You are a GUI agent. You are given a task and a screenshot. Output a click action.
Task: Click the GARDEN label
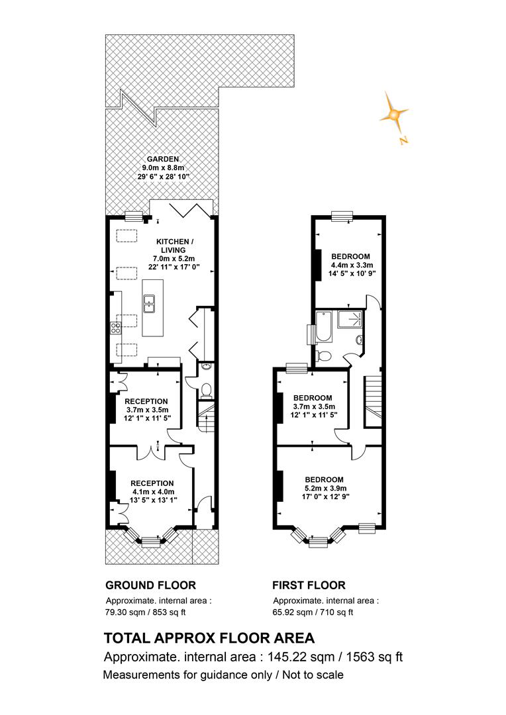163,159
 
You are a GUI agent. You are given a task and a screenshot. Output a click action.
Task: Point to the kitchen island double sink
150,304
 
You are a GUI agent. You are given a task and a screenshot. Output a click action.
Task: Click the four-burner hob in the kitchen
116,328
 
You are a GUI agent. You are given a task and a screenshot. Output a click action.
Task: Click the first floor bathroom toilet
323,356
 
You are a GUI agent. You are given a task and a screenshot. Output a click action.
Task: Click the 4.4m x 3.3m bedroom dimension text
351,265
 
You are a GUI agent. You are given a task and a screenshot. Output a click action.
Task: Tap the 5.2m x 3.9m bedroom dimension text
325,489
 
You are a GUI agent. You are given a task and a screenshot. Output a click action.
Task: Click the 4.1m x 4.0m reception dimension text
153,492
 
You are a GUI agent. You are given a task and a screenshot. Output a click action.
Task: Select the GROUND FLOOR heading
150,585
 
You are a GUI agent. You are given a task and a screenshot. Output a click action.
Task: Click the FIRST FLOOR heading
309,585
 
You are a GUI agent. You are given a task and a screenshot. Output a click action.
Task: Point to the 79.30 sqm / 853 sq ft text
146,612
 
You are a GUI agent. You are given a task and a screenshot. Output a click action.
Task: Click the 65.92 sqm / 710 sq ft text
313,612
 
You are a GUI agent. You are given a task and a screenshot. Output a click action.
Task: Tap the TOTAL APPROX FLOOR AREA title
209,638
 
